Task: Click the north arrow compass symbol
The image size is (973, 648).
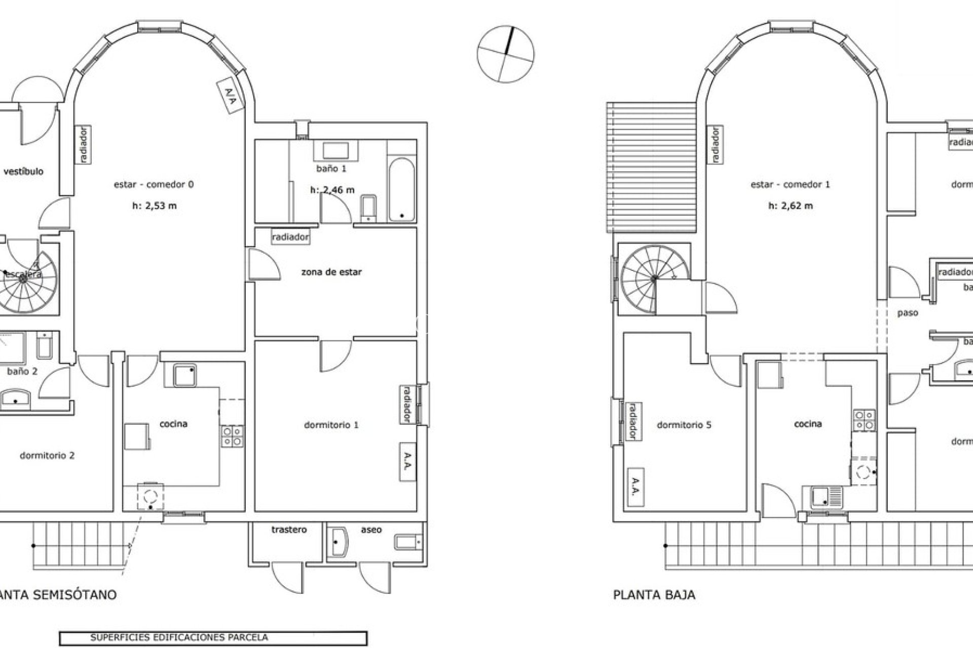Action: click(505, 54)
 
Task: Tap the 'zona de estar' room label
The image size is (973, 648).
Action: click(331, 272)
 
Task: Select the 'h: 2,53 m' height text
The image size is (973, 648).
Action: click(154, 206)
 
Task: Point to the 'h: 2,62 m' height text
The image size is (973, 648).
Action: click(790, 206)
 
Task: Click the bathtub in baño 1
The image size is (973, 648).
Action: click(402, 190)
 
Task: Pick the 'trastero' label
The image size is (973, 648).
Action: click(289, 530)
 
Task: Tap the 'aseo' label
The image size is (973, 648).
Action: click(371, 530)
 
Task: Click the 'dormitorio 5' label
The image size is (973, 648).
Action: click(684, 425)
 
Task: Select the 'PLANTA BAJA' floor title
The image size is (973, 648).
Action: click(654, 595)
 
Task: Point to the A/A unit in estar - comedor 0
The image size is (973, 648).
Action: click(231, 95)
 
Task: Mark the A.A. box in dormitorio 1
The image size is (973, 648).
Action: click(407, 462)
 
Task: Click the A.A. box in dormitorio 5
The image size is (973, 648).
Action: click(635, 487)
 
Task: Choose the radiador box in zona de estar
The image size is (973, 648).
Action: click(290, 237)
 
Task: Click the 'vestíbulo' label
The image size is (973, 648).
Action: click(23, 171)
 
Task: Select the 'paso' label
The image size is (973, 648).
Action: click(908, 313)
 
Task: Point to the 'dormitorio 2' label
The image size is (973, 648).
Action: click(47, 455)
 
